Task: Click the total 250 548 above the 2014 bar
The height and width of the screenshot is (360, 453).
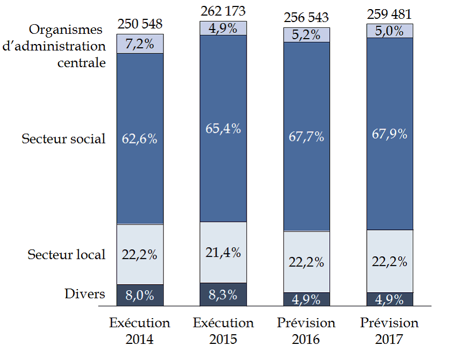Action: point(140,24)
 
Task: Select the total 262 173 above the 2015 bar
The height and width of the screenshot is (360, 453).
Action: point(223,11)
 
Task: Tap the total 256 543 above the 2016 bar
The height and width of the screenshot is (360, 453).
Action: point(306,18)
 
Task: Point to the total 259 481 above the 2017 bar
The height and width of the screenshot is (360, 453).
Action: point(390,15)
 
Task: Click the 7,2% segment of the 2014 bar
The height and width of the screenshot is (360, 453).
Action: point(140,44)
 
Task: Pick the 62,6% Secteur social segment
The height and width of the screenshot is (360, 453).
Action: point(140,139)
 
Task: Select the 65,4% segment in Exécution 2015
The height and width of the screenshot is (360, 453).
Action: point(223,128)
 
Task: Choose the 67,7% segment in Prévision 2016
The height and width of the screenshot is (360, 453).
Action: point(306,136)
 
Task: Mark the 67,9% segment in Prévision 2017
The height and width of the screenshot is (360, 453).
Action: point(390,134)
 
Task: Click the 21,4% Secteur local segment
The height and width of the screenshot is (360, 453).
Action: point(223,252)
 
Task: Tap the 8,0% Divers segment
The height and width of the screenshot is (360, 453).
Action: point(140,295)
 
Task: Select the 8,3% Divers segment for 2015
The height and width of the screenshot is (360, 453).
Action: point(223,294)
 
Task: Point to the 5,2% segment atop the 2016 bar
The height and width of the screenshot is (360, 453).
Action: point(306,35)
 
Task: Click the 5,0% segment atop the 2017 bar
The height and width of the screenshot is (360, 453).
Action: point(390,31)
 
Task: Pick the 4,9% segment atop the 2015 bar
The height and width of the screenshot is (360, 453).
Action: point(223,28)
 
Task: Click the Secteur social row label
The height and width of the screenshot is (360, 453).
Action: point(63,139)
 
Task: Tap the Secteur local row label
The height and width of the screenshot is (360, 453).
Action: point(67,254)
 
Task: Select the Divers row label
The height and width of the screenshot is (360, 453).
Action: point(84,293)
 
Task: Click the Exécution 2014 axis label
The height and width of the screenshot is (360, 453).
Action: point(140,331)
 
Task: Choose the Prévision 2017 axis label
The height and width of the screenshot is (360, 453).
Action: point(390,331)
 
